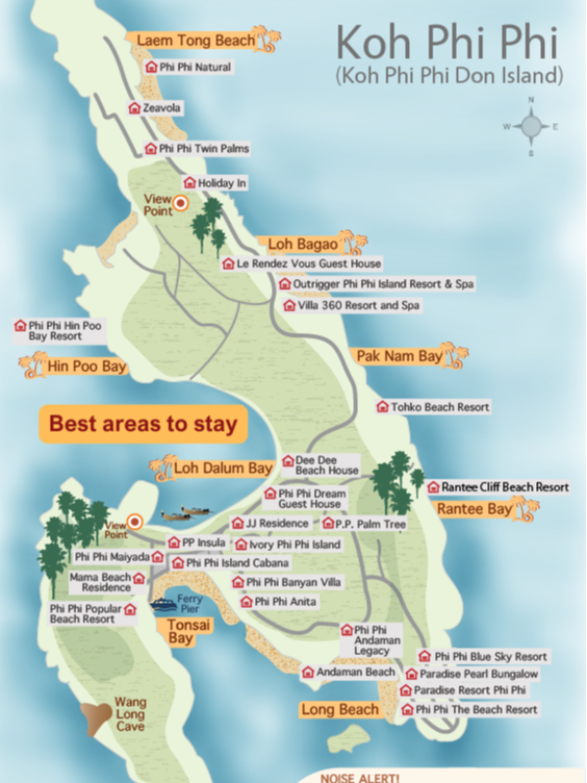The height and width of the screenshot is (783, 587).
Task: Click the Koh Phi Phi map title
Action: tap(448, 44)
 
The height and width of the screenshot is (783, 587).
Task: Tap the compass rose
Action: tap(531, 126)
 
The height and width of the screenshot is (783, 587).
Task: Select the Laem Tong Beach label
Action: tap(195, 40)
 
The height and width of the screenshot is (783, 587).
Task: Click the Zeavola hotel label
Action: tap(162, 109)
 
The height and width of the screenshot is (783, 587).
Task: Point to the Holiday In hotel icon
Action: tap(190, 183)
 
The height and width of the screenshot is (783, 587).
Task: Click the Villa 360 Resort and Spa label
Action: tap(351, 305)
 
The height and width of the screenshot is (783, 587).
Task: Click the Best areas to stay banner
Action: tap(143, 425)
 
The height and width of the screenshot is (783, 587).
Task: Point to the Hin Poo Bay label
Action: tap(87, 367)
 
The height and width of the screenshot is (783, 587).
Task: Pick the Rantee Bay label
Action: tap(474, 509)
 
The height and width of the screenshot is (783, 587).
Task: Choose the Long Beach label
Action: tap(339, 710)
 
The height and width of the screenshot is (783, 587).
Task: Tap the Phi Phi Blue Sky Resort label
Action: tap(490, 657)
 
